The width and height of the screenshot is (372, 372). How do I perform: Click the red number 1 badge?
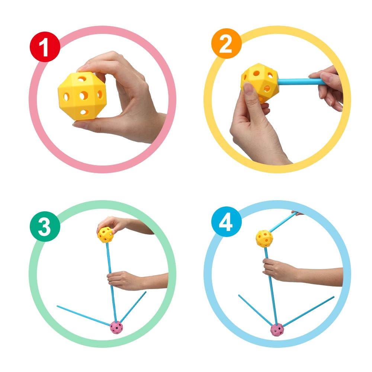pos(45,47)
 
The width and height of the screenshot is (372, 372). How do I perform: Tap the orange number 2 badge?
pos(226,44)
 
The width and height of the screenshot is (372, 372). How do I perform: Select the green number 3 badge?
pos(45,227)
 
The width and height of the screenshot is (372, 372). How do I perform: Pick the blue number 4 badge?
pos(226,222)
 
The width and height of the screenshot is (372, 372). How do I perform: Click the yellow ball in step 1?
pos(82,96)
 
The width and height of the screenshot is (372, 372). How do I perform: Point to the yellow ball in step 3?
pos(105,235)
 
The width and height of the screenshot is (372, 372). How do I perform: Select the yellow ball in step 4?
pos(264,239)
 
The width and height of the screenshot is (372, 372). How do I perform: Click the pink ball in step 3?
pos(116,328)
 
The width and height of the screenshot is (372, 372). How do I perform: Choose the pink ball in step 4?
pos(277,330)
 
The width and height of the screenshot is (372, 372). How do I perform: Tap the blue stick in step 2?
pos(301,82)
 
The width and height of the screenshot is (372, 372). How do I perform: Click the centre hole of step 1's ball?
pos(83,96)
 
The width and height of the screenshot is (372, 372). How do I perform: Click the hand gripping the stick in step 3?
pos(124,280)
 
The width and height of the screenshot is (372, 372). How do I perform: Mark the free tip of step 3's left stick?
pos(57,306)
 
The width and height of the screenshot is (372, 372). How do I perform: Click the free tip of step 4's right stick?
pos(334,297)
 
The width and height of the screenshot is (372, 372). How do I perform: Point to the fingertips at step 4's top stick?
pos(297,213)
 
